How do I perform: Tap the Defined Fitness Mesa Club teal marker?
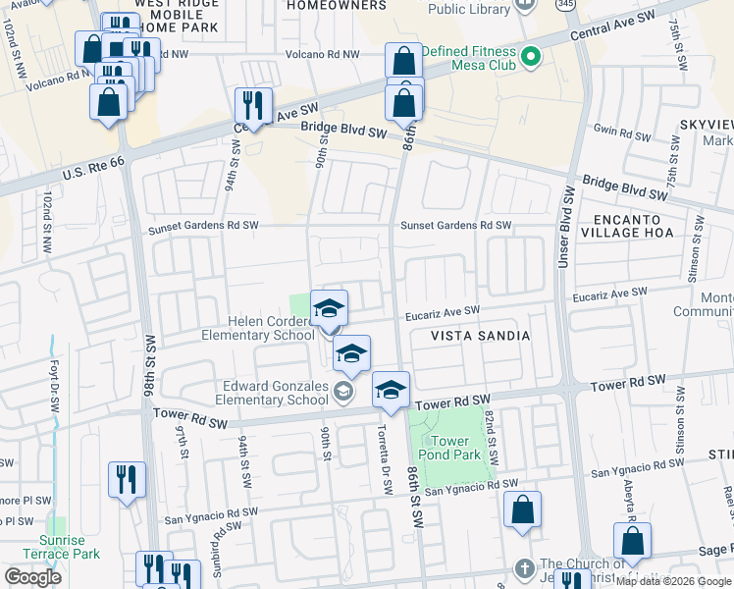click(531, 56)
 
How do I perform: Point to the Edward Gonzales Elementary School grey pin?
click(342, 393)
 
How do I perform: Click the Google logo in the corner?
click(32, 577)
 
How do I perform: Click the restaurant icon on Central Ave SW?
click(253, 105)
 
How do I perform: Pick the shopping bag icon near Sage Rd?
click(632, 541)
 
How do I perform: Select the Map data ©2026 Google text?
click(673, 581)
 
